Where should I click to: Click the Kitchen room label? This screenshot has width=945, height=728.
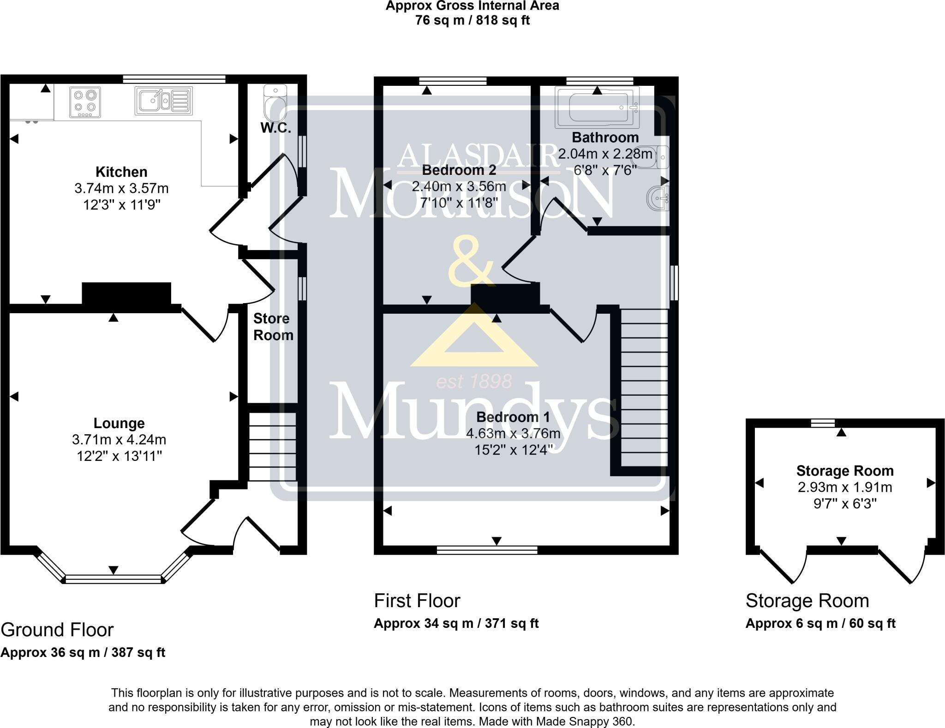click(x=121, y=172)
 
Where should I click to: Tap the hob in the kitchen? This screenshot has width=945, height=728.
click(x=85, y=102)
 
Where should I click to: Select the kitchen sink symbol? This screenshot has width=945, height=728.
click(x=163, y=101)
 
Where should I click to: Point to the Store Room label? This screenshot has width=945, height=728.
click(x=273, y=327)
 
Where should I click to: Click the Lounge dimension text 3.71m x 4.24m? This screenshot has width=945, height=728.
click(x=119, y=440)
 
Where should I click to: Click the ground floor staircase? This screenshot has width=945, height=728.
click(x=272, y=447)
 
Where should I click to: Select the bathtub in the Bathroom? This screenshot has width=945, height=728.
click(x=597, y=107)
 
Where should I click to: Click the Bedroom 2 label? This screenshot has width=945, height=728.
click(x=459, y=170)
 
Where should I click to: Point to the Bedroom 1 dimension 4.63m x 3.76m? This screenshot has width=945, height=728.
click(x=513, y=434)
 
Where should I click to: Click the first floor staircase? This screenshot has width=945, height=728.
click(x=644, y=388)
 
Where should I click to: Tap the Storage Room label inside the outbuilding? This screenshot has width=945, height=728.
click(x=844, y=471)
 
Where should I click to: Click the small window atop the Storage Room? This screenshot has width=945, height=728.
click(x=823, y=422)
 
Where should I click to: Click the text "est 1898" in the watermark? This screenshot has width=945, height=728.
click(x=474, y=382)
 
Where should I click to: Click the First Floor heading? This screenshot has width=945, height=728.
click(x=417, y=601)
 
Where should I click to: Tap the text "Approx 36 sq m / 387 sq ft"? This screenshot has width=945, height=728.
click(x=83, y=652)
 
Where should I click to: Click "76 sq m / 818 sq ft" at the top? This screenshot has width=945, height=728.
click(x=472, y=20)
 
